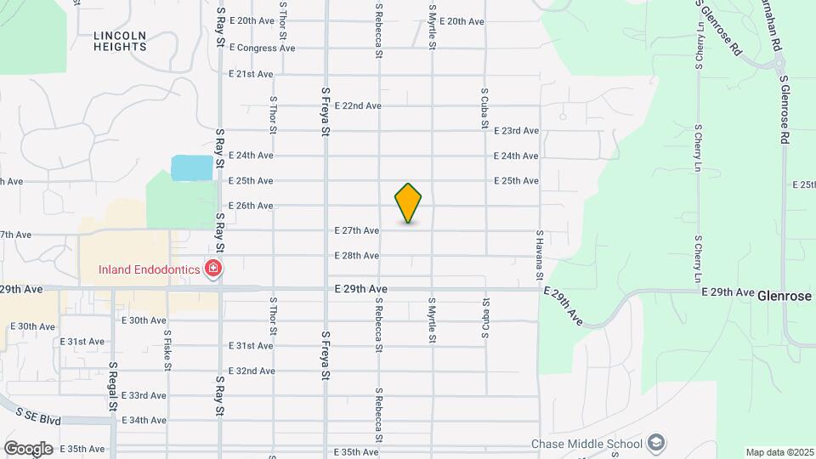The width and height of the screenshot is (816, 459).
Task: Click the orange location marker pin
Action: pyautogui.click(x=408, y=203)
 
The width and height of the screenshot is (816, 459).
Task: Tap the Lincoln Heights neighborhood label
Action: pyautogui.click(x=120, y=41)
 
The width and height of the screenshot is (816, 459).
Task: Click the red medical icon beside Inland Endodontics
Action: pyautogui.click(x=212, y=270)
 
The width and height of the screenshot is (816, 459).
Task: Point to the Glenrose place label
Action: pyautogui.click(x=785, y=295)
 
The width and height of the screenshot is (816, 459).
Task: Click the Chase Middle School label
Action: pyautogui.click(x=586, y=443)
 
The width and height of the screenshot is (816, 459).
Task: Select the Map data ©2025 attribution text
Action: pyautogui.click(x=779, y=452)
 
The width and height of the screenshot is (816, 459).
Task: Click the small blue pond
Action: pyautogui.click(x=191, y=167)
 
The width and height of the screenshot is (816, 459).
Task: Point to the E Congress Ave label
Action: pyautogui.click(x=262, y=48)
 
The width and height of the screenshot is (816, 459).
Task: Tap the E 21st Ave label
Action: pyautogui.click(x=251, y=74)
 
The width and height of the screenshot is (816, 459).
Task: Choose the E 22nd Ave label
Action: pyautogui.click(x=358, y=105)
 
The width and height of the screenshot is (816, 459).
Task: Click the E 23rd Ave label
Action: pyautogui.click(x=516, y=131)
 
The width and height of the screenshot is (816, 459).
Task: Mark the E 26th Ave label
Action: pyautogui.click(x=251, y=206)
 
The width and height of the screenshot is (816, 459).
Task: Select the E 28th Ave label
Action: pyautogui.click(x=356, y=255)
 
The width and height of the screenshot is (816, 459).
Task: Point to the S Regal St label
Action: pyautogui.click(x=112, y=385)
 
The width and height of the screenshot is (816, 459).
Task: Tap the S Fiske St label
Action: pyautogui.click(x=167, y=350)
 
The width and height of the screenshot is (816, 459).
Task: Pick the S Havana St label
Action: pyautogui.click(x=539, y=255)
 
